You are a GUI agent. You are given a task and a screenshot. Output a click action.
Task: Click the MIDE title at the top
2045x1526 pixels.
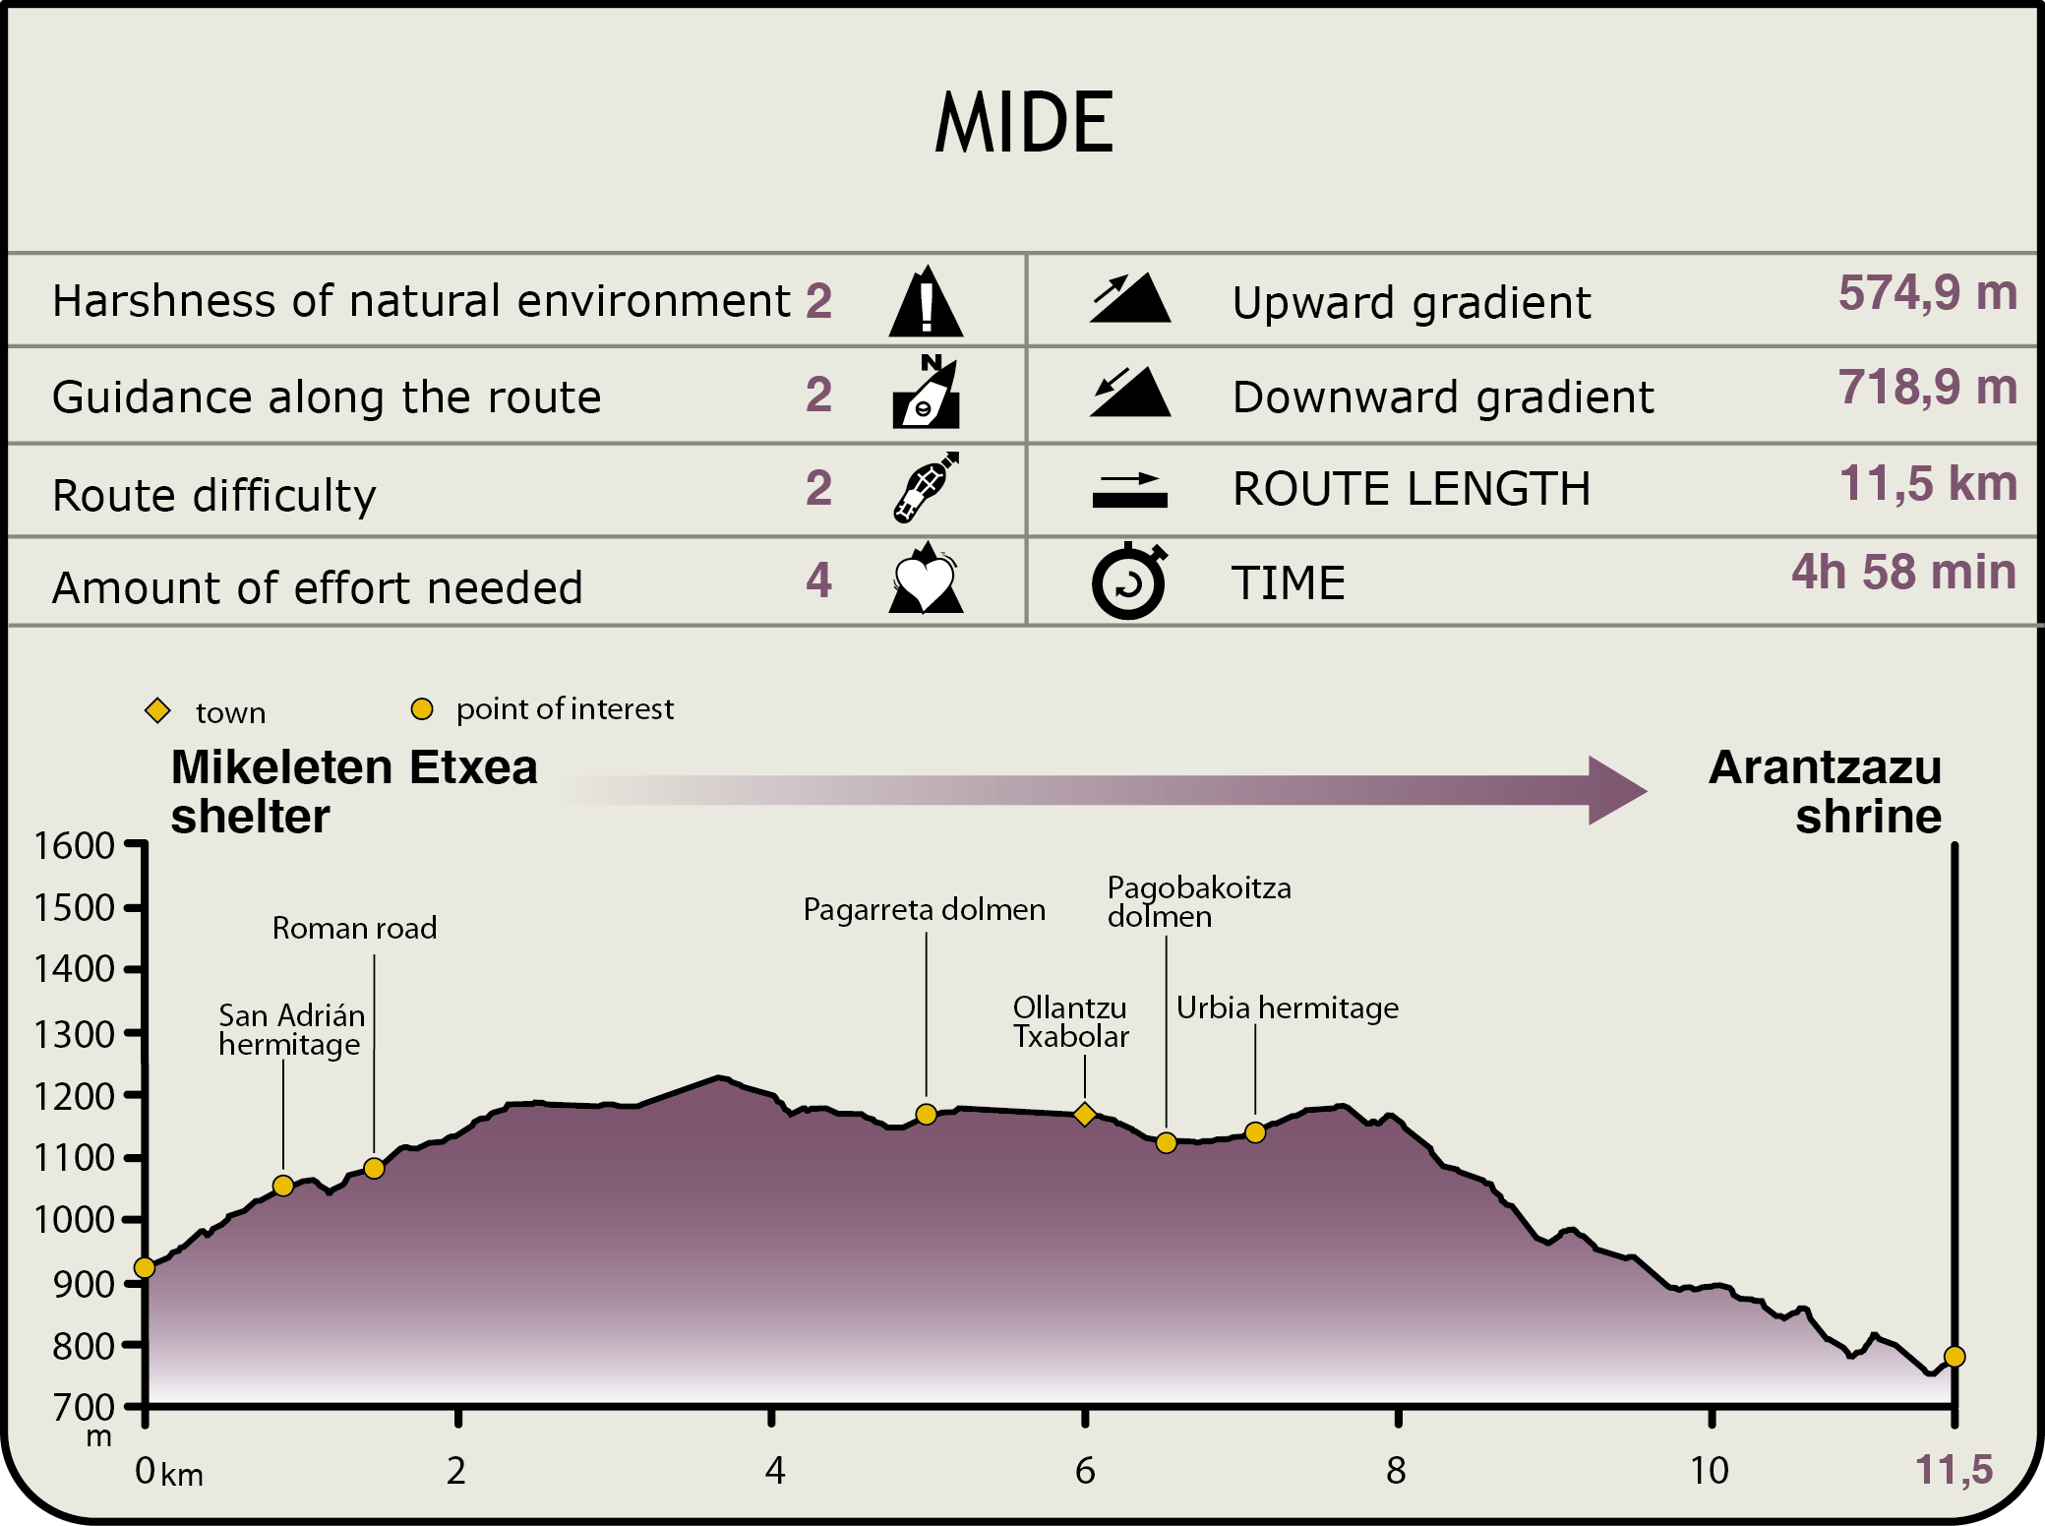pyautogui.click(x=1024, y=123)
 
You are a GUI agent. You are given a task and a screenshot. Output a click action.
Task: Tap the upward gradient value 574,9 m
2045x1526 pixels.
pyautogui.click(x=1927, y=293)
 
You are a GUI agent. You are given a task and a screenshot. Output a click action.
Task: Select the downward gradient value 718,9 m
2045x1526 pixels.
pyautogui.click(x=1927, y=388)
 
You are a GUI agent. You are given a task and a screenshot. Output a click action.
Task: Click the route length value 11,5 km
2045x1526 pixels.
pyautogui.click(x=1928, y=484)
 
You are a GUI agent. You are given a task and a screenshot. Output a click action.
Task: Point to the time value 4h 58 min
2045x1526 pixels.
pyautogui.click(x=1903, y=573)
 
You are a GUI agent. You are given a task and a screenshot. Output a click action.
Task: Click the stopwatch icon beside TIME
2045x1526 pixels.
pyautogui.click(x=1129, y=581)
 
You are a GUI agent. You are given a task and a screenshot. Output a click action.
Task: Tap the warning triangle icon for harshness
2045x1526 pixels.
pyautogui.click(x=926, y=302)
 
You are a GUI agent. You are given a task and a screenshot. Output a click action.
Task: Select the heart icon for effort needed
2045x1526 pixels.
pyautogui.click(x=925, y=580)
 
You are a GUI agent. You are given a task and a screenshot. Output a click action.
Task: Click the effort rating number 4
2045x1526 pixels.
pyautogui.click(x=818, y=580)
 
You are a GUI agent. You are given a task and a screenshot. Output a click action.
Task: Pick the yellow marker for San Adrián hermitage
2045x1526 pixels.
pyautogui.click(x=283, y=1186)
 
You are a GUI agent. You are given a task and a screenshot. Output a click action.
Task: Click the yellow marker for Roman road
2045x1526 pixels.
pyautogui.click(x=374, y=1169)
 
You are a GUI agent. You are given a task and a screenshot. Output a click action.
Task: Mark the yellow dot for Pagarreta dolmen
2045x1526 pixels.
pyautogui.click(x=926, y=1115)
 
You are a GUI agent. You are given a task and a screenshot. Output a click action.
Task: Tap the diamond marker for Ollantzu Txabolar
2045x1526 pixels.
pyautogui.click(x=1085, y=1115)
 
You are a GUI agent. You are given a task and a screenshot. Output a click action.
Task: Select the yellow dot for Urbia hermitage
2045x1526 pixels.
pyautogui.click(x=1255, y=1132)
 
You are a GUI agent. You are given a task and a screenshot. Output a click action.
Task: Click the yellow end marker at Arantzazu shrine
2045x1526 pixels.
pyautogui.click(x=1955, y=1357)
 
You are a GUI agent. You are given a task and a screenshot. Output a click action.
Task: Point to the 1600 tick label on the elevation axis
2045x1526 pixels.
pyautogui.click(x=75, y=846)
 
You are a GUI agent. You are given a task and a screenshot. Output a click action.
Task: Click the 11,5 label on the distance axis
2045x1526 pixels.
pyautogui.click(x=1954, y=1471)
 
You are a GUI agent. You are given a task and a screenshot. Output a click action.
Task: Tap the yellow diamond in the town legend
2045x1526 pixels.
pyautogui.click(x=157, y=710)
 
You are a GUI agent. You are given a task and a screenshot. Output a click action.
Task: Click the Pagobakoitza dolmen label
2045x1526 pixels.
pyautogui.click(x=1198, y=901)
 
